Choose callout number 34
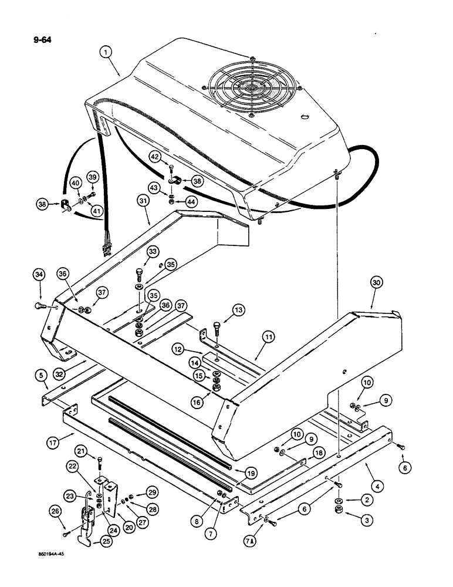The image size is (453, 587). pos(40,274)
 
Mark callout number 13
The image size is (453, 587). pos(239,309)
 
